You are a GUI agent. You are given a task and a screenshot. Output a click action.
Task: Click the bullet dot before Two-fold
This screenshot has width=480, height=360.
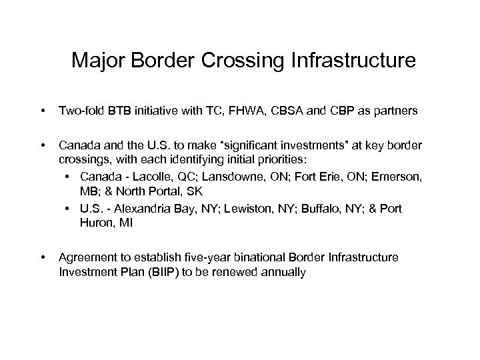[43, 113]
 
